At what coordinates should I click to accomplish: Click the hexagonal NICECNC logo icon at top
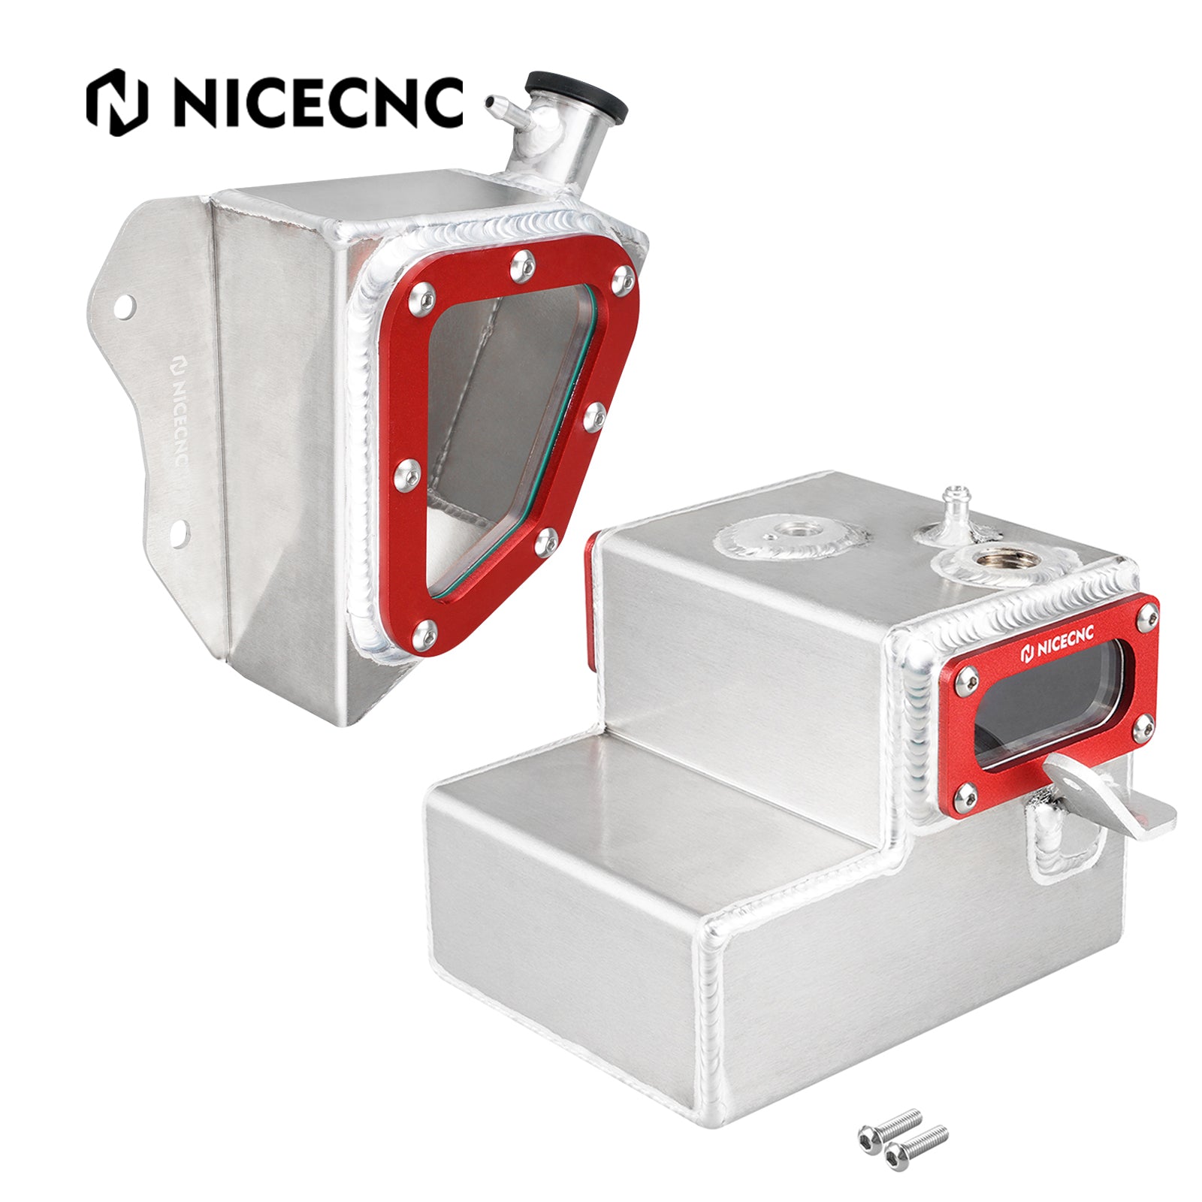click(116, 102)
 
